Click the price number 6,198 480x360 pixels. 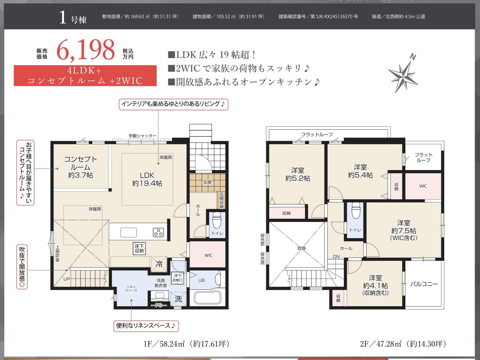click(x=85, y=50)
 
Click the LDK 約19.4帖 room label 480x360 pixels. click(x=147, y=179)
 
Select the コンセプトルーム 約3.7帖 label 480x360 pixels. click(x=81, y=167)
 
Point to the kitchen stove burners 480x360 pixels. click(x=158, y=233)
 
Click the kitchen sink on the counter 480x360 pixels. click(x=129, y=232)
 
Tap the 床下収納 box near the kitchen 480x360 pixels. click(x=139, y=248)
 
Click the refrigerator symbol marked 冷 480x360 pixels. click(x=159, y=264)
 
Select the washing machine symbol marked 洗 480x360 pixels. click(x=178, y=299)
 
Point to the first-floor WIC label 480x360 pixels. click(x=208, y=255)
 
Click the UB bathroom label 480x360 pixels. click(x=201, y=280)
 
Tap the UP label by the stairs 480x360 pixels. click(x=67, y=279)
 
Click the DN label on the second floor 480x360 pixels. click(x=336, y=256)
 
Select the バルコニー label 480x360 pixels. click(x=424, y=284)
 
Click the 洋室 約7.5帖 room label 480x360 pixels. click(x=404, y=230)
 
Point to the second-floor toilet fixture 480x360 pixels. click(x=356, y=211)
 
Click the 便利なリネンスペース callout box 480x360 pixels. click(x=146, y=326)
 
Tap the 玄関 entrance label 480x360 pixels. click(x=207, y=182)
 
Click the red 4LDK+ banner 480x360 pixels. click(x=85, y=76)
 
